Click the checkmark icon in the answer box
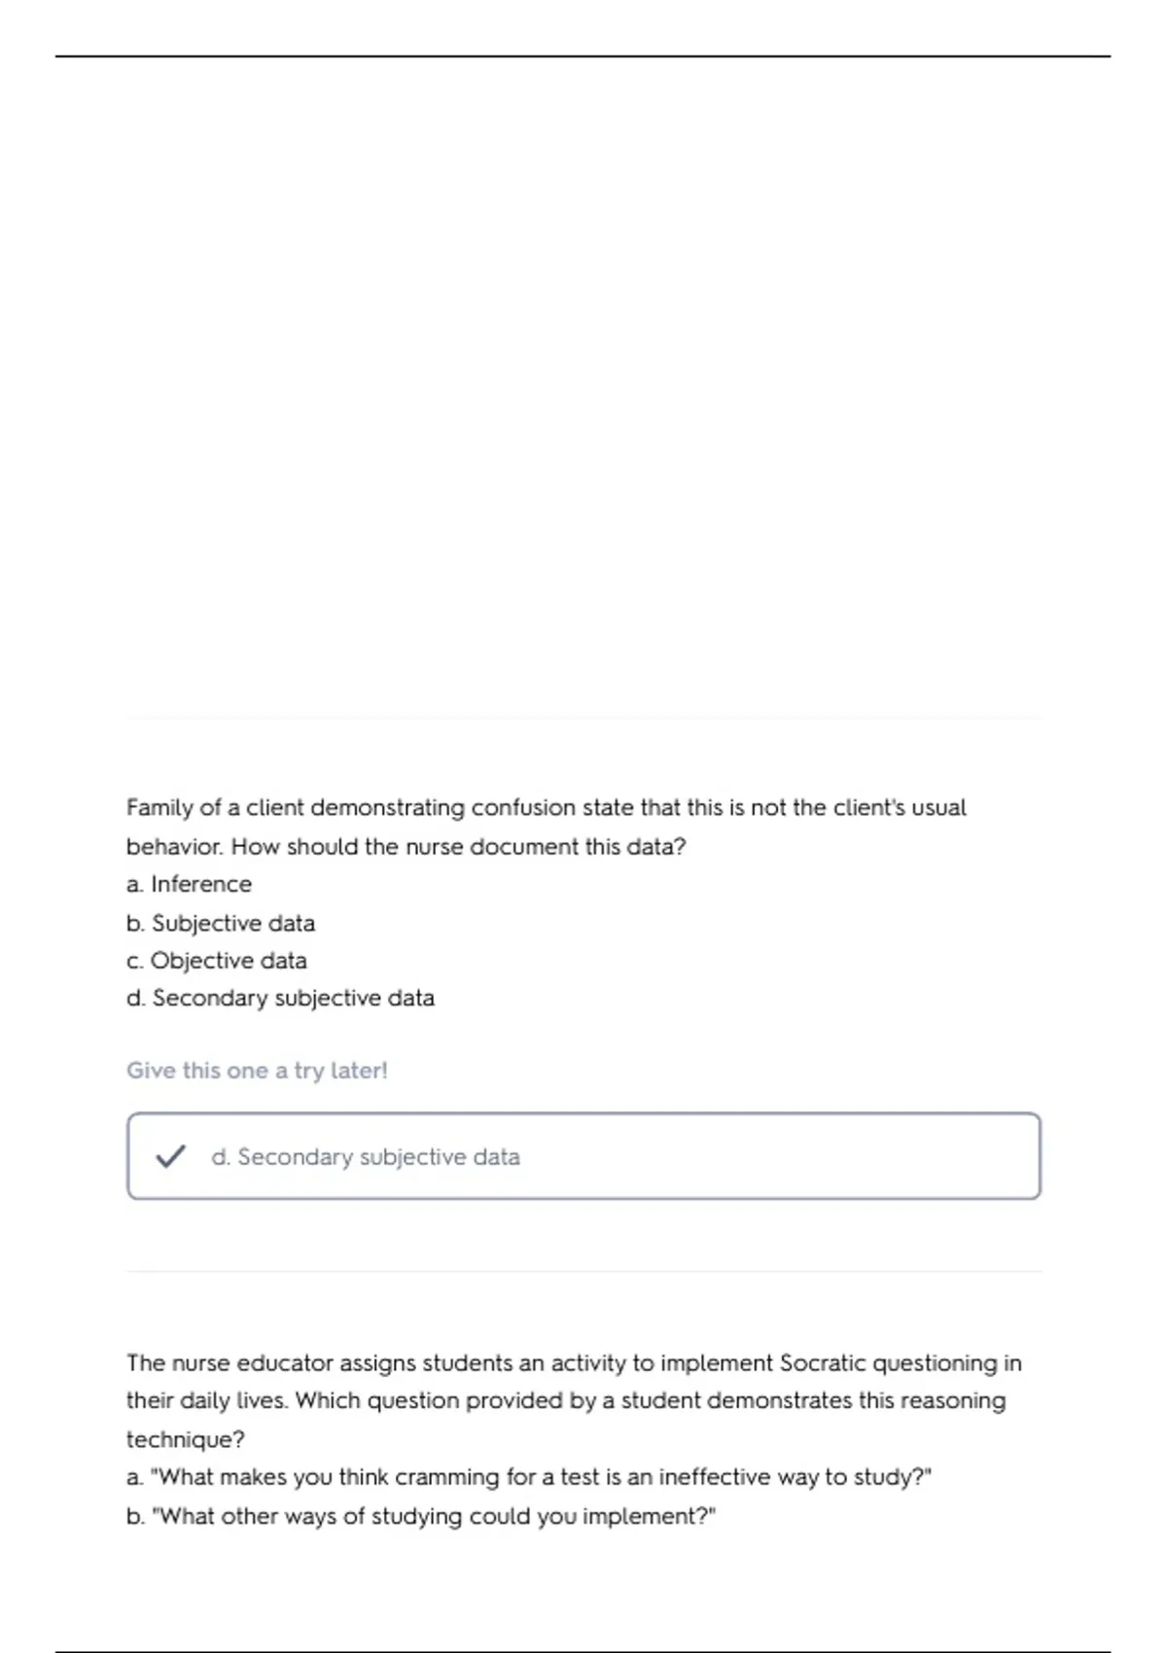tap(170, 1156)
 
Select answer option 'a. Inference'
tap(189, 884)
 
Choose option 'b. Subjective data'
tap(221, 923)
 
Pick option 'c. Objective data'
tap(217, 961)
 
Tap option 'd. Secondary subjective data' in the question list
tap(280, 999)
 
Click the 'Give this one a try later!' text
tap(257, 1071)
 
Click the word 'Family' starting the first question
tap(159, 808)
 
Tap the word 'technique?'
tap(186, 1439)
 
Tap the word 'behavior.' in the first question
tap(175, 847)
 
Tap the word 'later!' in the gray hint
tap(359, 1071)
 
